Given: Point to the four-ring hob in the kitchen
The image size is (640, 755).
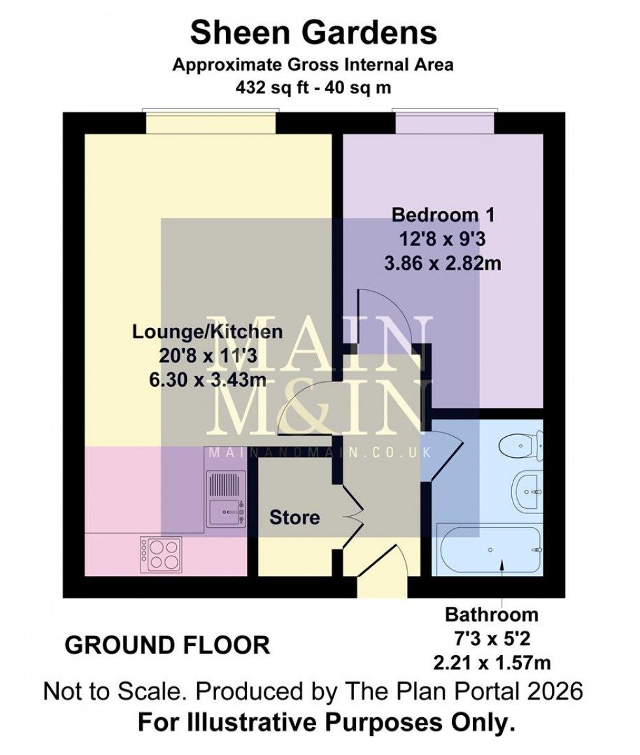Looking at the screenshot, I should pos(160,553).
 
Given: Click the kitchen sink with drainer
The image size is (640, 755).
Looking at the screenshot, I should pos(226,499).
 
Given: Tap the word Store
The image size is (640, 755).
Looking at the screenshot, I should pos(295,518).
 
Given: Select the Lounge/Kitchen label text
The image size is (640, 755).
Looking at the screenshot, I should pos(208,332).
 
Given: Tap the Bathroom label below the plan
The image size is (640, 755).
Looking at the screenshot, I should pos(492,615).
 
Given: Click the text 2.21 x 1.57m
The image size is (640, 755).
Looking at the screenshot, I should pos(492,663).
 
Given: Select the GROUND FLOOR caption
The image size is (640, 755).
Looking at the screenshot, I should pos(168,645).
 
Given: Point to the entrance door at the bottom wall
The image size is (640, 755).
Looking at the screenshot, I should pos(377,575).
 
